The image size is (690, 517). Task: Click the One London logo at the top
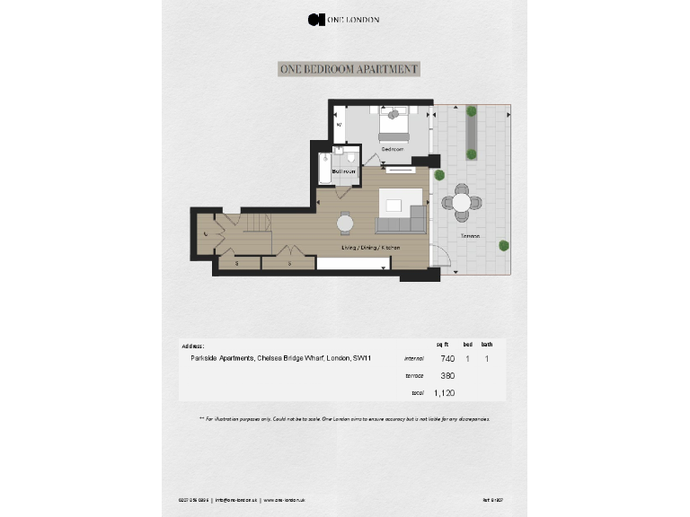pos(343,19)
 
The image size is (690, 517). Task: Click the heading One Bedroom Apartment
pos(349,69)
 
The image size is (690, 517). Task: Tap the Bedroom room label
pos(393,149)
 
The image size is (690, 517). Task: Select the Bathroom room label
pos(344,171)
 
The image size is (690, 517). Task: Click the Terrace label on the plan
pos(470,236)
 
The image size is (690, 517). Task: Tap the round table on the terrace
pos(461,203)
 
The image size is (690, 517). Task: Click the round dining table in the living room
pos(346,223)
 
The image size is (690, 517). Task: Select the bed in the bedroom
pos(394,124)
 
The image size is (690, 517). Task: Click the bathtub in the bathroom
pos(323,170)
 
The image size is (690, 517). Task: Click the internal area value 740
pos(447,358)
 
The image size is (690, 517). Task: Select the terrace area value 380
pos(447,375)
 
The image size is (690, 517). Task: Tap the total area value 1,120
pos(445,392)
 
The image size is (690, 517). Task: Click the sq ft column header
pos(442,344)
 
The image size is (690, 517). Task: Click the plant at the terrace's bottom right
pos(505,245)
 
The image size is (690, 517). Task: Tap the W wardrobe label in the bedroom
pos(340,125)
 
